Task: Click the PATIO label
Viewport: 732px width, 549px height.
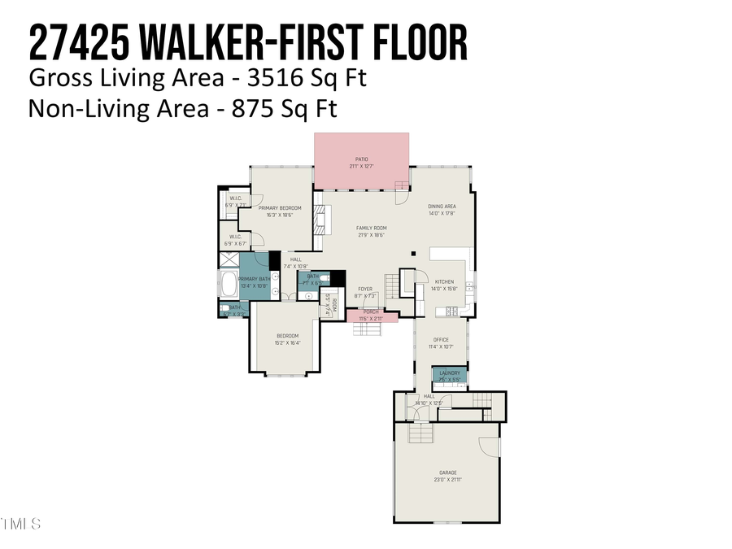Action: click(x=362, y=159)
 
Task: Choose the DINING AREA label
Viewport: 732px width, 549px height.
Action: click(x=442, y=207)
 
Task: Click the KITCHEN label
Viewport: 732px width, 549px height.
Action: click(x=444, y=281)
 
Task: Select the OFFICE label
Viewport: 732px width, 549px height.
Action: click(x=441, y=340)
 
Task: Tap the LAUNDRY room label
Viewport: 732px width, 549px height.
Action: click(x=450, y=373)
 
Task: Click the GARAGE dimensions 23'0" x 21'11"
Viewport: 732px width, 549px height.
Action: click(x=448, y=480)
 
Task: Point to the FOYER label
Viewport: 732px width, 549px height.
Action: click(x=365, y=289)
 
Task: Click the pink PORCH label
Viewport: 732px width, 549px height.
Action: click(x=371, y=312)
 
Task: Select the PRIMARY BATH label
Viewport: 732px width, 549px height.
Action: click(x=254, y=279)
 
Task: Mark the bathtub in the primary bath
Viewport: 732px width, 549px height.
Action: click(x=229, y=285)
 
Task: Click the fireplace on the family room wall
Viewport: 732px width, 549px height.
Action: click(x=320, y=219)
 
